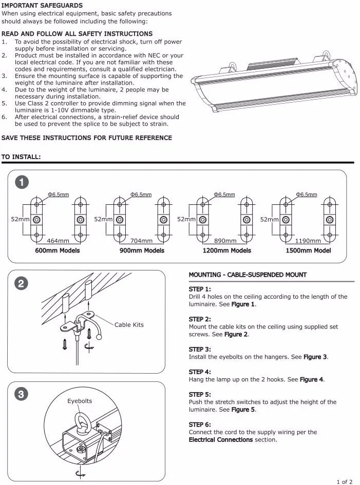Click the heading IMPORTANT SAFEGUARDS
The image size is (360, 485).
(42, 6)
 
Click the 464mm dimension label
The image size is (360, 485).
(58, 241)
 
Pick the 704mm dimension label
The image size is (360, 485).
(141, 241)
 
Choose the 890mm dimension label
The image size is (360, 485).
(225, 241)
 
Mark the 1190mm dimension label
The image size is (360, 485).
(308, 241)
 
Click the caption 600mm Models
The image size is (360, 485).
(58, 250)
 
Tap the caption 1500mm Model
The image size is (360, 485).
(308, 250)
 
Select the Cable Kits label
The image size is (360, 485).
(129, 325)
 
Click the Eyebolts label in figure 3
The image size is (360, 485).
(80, 401)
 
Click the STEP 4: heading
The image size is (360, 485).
(200, 372)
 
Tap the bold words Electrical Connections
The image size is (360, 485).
(221, 440)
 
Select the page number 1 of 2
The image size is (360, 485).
(344, 481)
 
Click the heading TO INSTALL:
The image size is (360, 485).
(21, 157)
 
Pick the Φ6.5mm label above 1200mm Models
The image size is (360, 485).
(224, 195)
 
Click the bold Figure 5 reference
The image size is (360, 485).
(243, 410)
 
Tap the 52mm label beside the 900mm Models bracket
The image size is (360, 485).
(103, 219)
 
